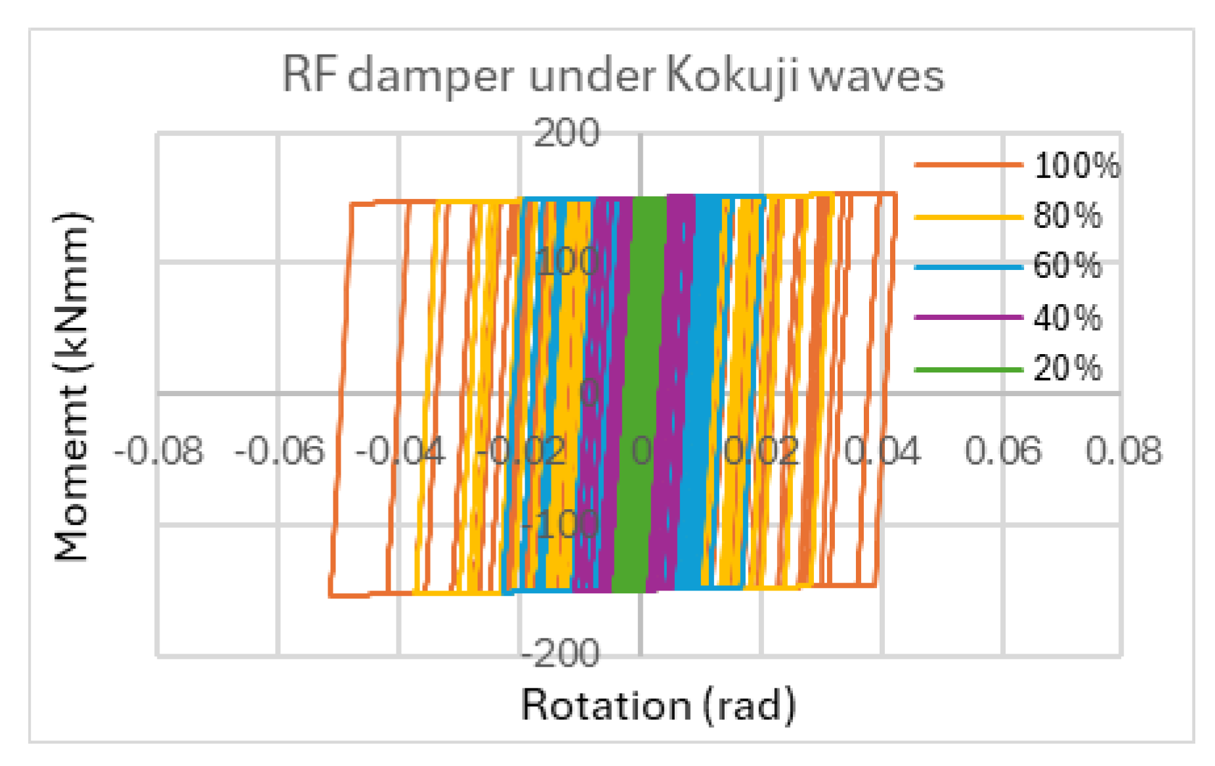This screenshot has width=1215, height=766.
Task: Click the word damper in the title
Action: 430,77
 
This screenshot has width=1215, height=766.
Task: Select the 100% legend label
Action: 1077,166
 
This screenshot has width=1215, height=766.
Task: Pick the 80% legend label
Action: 1068,215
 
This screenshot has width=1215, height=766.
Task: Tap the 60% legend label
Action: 1068,266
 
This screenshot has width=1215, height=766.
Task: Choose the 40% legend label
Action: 1068,318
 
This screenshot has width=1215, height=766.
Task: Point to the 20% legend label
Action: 1068,368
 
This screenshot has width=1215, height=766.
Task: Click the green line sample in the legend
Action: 968,369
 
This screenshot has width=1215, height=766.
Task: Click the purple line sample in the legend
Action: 968,318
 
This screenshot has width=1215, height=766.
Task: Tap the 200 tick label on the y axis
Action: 566,133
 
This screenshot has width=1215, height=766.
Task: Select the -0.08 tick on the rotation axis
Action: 159,452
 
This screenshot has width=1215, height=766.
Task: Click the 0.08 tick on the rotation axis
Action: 1124,452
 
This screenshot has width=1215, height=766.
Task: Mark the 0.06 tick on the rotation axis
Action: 1003,452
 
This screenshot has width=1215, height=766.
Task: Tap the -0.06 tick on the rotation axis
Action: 280,452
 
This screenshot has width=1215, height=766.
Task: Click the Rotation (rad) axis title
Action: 658,706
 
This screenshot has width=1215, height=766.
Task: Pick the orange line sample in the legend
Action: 968,165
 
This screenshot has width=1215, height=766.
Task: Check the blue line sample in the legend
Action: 968,267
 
